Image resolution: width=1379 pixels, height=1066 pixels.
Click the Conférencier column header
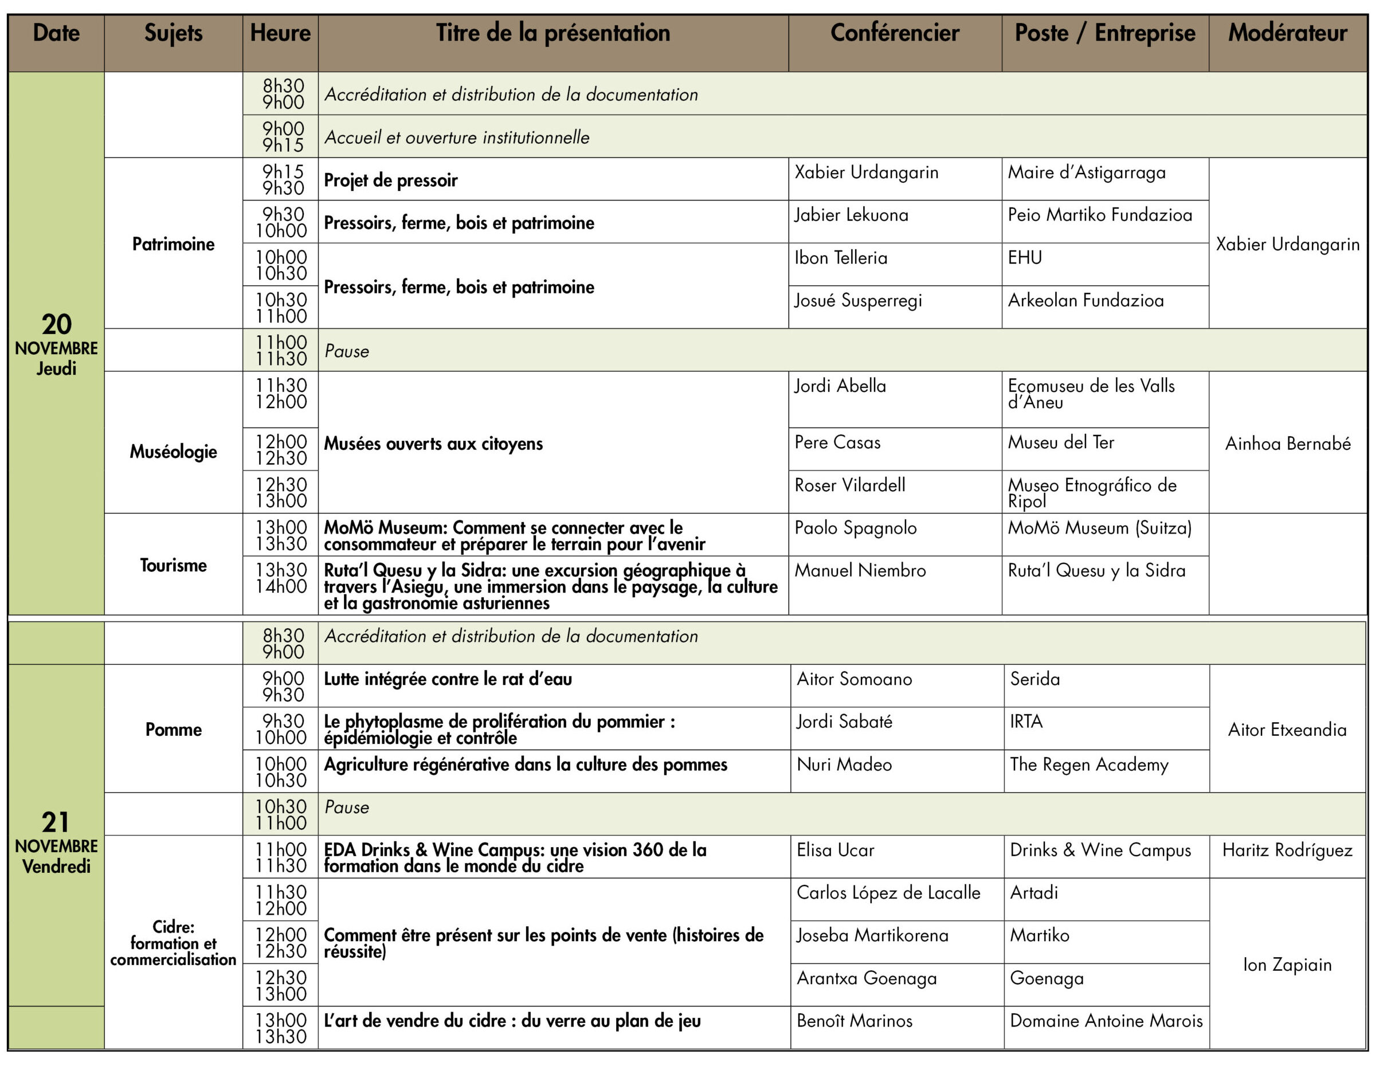coord(894,33)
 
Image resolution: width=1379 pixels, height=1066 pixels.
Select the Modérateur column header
coord(1287,33)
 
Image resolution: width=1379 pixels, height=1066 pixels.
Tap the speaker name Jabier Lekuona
coord(851,215)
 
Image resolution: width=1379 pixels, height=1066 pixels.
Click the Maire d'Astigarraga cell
coord(1086,173)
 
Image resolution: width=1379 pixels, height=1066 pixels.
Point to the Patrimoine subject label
coord(173,244)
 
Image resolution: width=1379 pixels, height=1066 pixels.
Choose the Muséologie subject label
coord(173,452)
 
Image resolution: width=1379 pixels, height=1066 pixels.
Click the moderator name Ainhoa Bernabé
coord(1287,444)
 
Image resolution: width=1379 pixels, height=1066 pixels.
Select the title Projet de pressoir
coord(390,180)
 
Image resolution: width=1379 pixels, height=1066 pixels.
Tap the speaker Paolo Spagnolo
coord(855,528)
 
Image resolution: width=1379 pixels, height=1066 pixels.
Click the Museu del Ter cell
coord(1061,442)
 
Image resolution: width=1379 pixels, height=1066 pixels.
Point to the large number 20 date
coord(56,324)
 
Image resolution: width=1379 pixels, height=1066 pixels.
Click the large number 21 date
coord(56,822)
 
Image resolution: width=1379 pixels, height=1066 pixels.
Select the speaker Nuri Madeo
coord(844,765)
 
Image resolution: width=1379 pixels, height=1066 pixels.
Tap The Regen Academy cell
coord(1088,765)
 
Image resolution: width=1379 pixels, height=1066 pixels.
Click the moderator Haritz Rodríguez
coord(1287,850)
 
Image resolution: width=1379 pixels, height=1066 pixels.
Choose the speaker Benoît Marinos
coord(855,1021)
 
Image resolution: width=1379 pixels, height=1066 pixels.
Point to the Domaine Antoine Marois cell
coord(1106,1021)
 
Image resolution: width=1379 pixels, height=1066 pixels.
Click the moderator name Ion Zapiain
coord(1287,965)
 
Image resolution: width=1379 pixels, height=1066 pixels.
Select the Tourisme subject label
coord(173,565)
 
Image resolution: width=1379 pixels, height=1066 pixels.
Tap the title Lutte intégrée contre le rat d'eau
coord(448,680)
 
